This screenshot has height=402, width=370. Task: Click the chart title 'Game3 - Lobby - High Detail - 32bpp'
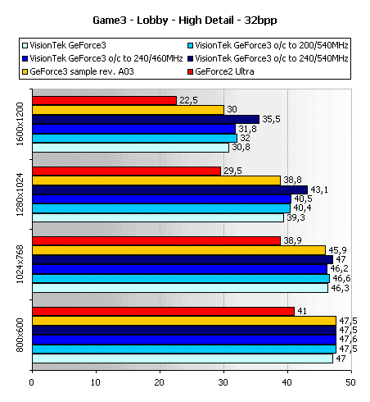coord(185,21)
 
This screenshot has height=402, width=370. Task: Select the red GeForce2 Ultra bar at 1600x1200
coord(105,101)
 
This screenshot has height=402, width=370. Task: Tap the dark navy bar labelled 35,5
coord(146,120)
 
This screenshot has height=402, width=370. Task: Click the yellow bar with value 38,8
coord(156,180)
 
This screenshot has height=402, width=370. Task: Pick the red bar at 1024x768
coord(156,241)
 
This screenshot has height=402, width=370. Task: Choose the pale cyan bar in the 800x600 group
coord(183,359)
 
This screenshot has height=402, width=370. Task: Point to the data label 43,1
coord(319,190)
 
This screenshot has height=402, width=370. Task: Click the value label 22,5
coord(188,100)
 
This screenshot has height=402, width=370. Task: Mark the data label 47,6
coord(348,339)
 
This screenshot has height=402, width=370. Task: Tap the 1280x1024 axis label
coord(20,194)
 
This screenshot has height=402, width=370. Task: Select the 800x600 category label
coord(20,335)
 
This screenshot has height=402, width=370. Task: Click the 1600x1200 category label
coord(20,124)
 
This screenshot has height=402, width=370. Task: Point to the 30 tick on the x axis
coord(223,382)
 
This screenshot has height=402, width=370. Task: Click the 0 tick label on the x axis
coord(32,382)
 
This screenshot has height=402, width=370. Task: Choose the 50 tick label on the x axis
coord(351,382)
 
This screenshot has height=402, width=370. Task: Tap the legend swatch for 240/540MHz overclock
coord(190,58)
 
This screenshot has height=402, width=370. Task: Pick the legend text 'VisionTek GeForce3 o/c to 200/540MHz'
coord(272,45)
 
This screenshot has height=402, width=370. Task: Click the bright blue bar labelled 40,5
coord(162,199)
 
